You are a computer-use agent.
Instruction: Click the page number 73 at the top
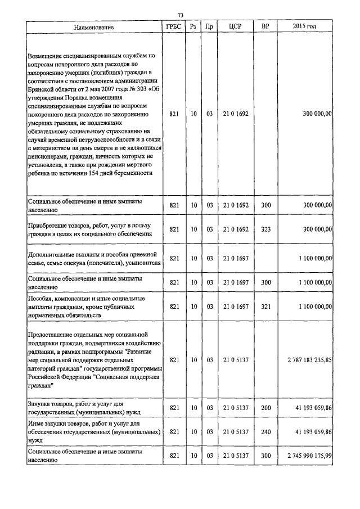tap(181, 15)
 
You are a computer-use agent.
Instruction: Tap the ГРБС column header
tap(174, 27)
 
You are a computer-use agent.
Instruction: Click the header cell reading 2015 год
tap(304, 27)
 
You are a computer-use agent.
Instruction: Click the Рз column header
tap(193, 27)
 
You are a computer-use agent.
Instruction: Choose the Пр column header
tap(209, 27)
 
